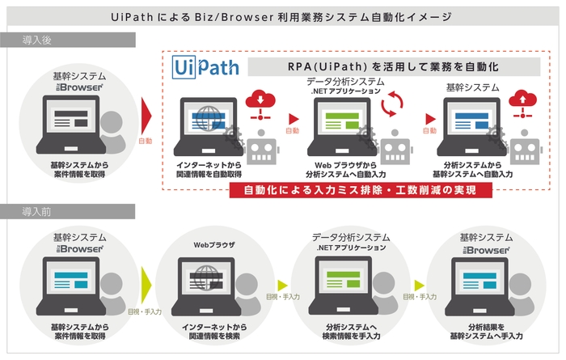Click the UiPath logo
tap(205, 66)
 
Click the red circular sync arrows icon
tap(395, 104)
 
